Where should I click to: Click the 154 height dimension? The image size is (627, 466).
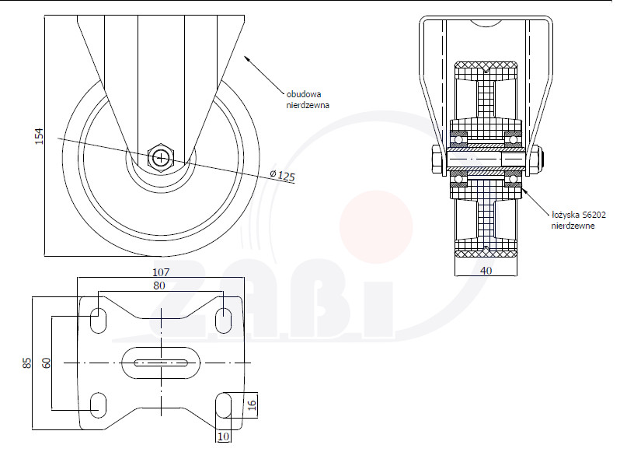(39, 136)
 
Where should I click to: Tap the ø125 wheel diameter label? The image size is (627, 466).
(282, 175)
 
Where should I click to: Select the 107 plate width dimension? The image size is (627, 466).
(161, 272)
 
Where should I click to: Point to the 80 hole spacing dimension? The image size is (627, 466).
(159, 286)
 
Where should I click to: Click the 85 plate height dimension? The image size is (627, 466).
(26, 363)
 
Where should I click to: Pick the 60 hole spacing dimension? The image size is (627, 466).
(47, 363)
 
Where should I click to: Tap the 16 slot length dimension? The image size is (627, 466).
(252, 405)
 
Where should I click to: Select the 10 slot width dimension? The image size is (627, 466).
(224, 436)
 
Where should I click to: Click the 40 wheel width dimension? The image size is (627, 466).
(486, 271)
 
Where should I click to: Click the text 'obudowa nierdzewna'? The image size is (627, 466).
(308, 100)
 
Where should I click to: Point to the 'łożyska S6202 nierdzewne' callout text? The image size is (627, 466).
(578, 220)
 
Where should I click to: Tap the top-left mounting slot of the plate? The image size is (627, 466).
(98, 321)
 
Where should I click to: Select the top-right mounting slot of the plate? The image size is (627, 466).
(223, 321)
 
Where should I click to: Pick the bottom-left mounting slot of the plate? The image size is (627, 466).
(98, 405)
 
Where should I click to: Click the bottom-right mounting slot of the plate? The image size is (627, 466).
(223, 405)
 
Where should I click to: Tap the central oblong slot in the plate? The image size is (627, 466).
(161, 363)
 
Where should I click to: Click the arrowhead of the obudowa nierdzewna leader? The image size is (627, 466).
(248, 59)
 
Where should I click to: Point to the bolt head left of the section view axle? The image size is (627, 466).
(437, 160)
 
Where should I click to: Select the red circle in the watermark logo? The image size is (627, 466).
(376, 227)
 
